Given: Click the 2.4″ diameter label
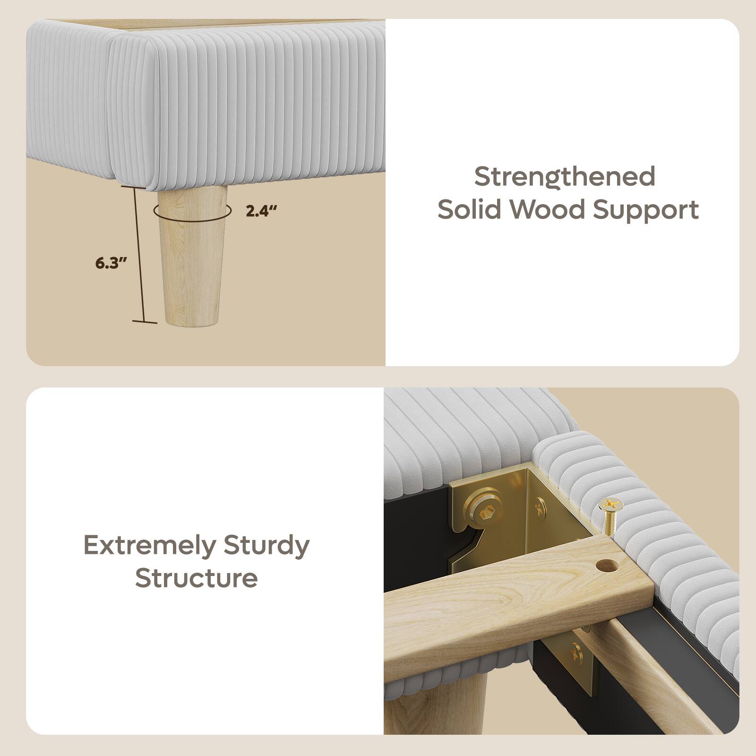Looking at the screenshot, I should pyautogui.click(x=260, y=211).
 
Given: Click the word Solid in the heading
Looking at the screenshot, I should pyautogui.click(x=468, y=209).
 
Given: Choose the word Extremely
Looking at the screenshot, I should pyautogui.click(x=150, y=546).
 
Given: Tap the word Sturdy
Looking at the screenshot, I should pyautogui.click(x=266, y=546).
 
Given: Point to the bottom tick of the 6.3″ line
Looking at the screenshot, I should pyautogui.click(x=144, y=322).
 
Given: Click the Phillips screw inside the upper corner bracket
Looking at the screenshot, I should pyautogui.click(x=540, y=508).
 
